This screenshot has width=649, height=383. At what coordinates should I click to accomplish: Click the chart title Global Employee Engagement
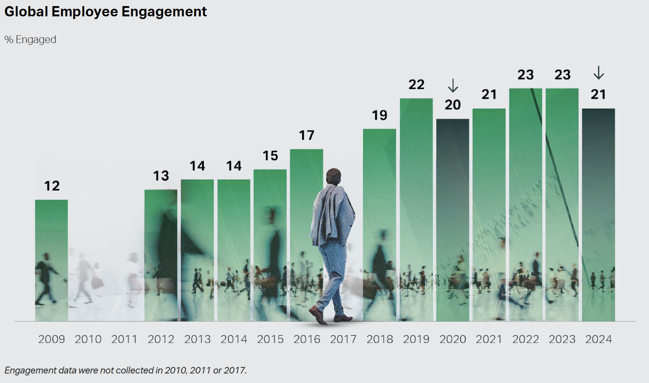click(x=106, y=12)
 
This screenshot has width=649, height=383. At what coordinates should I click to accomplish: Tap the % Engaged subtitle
click(x=30, y=40)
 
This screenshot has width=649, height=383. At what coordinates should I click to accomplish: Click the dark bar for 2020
click(x=453, y=218)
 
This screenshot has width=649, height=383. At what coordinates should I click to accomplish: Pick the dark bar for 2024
click(x=598, y=214)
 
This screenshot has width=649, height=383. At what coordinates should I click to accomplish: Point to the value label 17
click(x=307, y=135)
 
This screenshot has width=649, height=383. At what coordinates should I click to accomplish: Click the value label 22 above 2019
click(x=417, y=84)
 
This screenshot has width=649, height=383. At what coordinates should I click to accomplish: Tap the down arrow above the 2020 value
click(x=453, y=86)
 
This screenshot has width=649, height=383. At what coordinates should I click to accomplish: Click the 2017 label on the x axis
click(x=343, y=339)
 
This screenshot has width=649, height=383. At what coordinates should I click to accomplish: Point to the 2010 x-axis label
click(x=88, y=339)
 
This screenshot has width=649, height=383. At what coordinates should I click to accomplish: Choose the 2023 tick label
click(x=562, y=339)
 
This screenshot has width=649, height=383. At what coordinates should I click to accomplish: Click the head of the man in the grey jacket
click(x=334, y=176)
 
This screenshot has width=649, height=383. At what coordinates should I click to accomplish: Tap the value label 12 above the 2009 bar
click(x=52, y=186)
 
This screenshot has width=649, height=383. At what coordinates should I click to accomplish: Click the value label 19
click(x=379, y=115)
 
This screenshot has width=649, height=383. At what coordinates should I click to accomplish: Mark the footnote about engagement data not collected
click(x=126, y=370)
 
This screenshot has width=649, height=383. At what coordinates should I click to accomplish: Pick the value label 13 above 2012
click(x=161, y=176)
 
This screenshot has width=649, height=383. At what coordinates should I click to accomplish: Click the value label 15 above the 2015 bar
click(x=270, y=156)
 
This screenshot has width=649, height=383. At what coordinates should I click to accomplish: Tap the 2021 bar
click(x=489, y=214)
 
